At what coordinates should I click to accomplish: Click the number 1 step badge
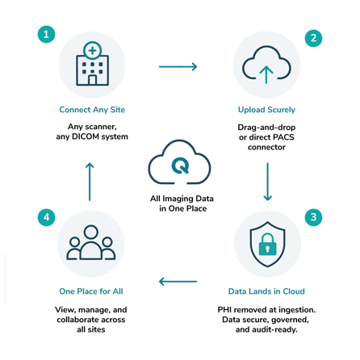point(46,34)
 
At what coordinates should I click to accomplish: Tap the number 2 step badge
point(313,38)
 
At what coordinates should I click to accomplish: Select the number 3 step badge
point(313,217)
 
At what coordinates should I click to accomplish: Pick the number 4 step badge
point(46,217)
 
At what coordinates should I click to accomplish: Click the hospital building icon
point(92,64)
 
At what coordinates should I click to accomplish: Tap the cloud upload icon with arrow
point(266,65)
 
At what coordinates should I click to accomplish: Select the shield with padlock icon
point(267,244)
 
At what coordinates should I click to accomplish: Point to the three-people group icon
point(91,242)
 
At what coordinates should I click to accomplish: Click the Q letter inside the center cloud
point(180,165)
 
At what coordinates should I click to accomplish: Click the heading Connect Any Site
point(92,110)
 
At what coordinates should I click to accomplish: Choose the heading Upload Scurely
point(266,110)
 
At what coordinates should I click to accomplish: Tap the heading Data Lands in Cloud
point(266,291)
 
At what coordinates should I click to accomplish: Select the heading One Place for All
point(91,291)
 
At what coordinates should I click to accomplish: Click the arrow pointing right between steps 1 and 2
point(178,66)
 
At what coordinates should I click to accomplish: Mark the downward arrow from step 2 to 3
point(267,182)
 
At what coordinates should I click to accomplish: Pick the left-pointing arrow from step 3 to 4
point(178,282)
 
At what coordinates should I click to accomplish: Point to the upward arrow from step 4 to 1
point(90,182)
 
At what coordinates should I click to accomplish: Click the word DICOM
point(86,136)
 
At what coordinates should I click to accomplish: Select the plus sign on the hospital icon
point(92,50)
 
